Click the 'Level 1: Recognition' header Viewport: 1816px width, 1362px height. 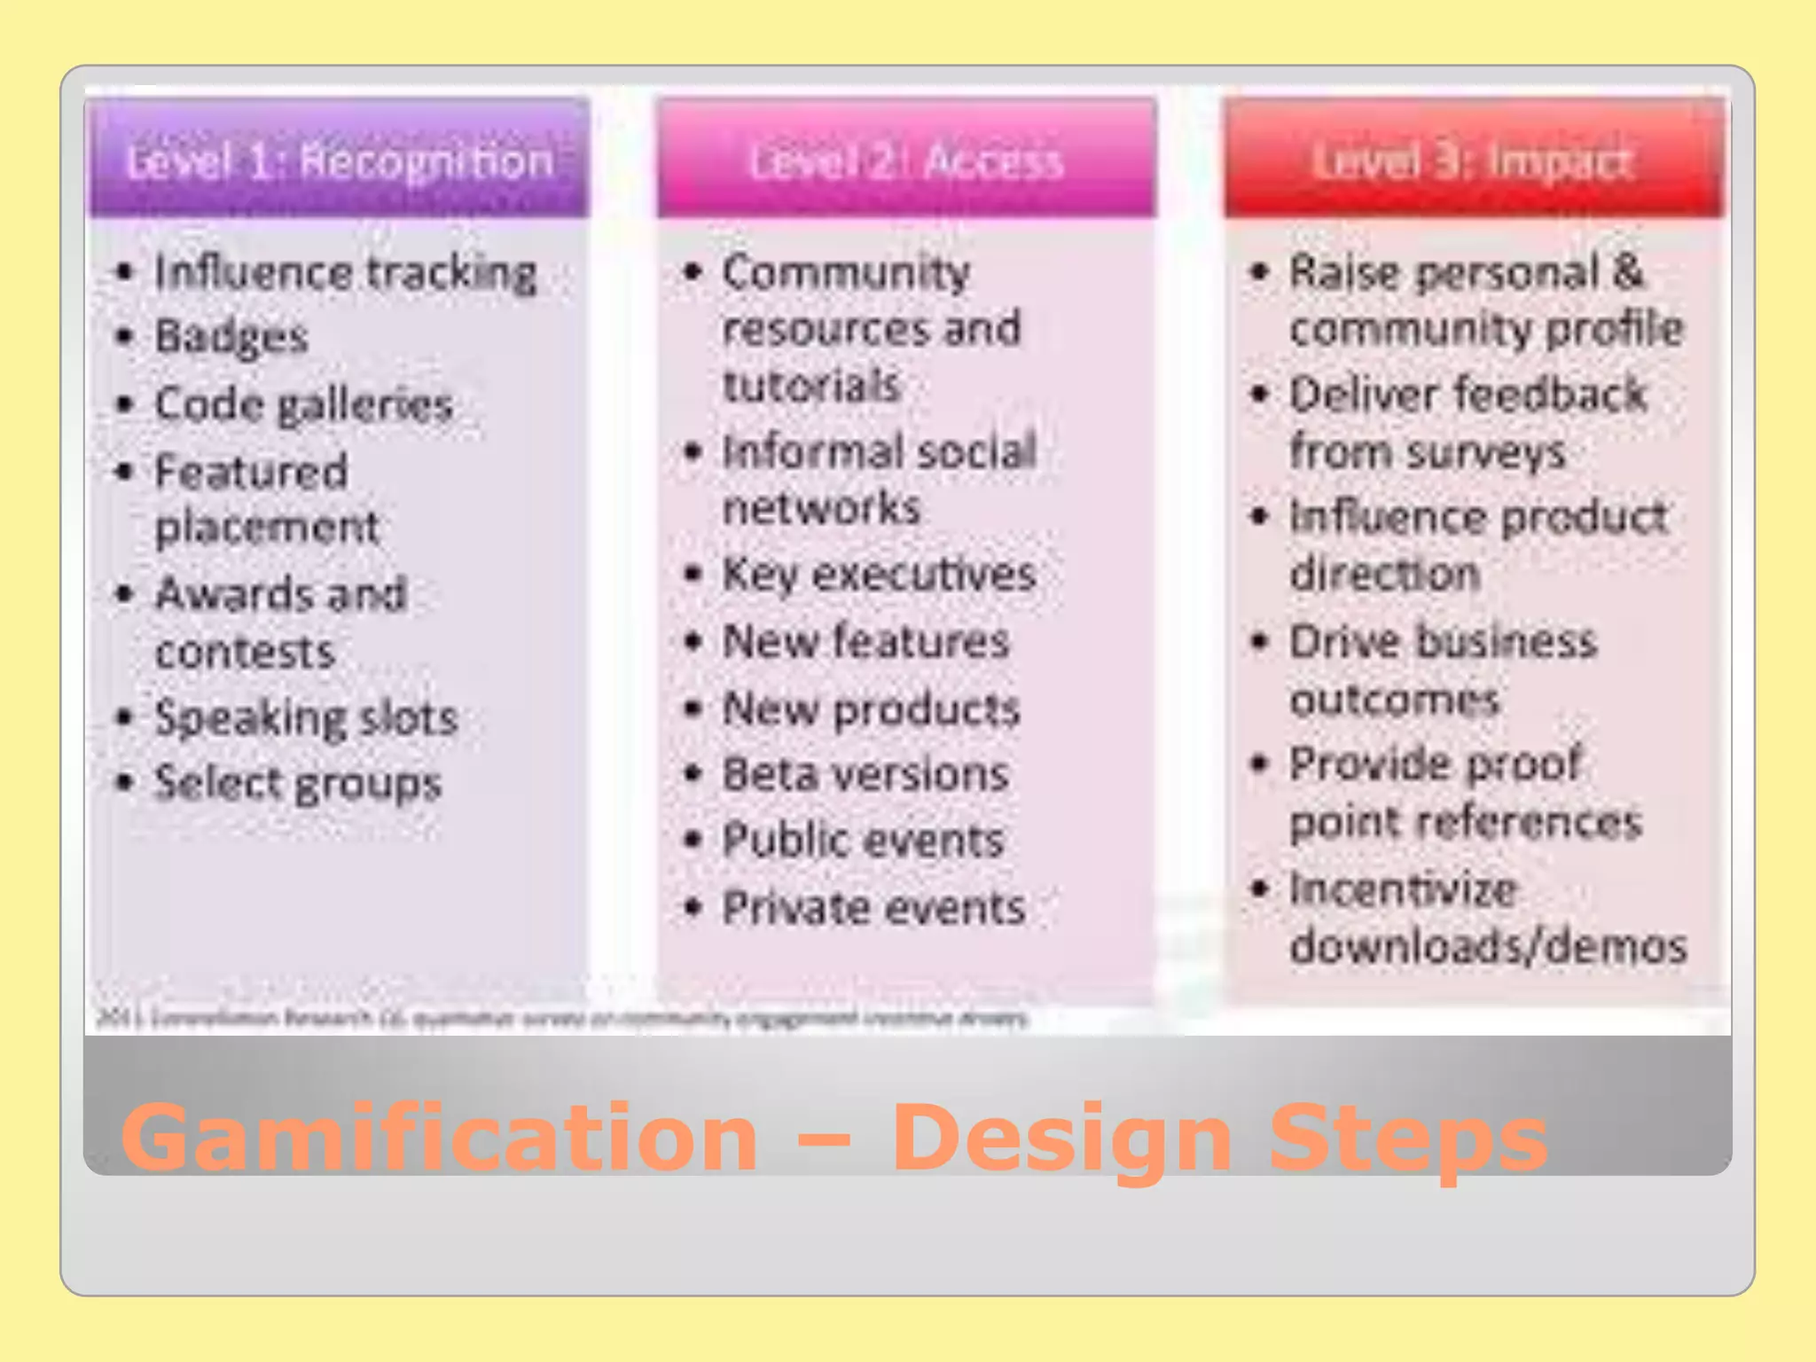(x=340, y=160)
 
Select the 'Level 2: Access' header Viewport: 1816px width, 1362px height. (x=906, y=161)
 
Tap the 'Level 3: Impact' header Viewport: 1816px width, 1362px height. (x=1472, y=161)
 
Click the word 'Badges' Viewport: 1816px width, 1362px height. (x=231, y=337)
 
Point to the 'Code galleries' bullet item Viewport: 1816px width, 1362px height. (x=303, y=405)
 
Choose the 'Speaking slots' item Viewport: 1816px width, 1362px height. (x=306, y=717)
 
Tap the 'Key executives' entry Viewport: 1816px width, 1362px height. (x=879, y=575)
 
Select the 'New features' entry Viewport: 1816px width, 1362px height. (x=865, y=641)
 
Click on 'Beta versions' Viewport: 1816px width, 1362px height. (x=865, y=774)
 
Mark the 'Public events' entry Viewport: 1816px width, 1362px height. (x=863, y=841)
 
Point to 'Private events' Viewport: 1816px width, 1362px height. (x=873, y=908)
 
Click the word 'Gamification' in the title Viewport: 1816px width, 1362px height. (x=439, y=1137)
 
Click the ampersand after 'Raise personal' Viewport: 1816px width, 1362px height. (x=1627, y=271)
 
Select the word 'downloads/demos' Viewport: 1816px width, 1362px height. (x=1488, y=946)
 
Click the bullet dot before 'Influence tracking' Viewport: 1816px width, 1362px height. (x=125, y=272)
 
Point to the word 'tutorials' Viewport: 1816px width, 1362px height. (x=810, y=386)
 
